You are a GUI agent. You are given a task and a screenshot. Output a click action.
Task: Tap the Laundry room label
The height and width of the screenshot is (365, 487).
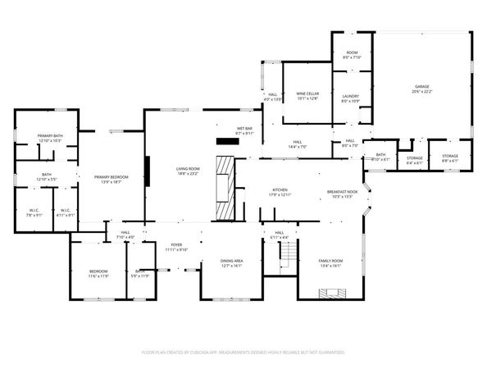click(350, 98)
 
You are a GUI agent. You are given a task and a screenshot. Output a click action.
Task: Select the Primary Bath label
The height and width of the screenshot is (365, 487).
click(50, 139)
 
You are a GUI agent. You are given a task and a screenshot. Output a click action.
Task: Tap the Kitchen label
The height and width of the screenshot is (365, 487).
click(280, 193)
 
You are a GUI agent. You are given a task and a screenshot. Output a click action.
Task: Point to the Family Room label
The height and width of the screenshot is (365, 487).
click(330, 263)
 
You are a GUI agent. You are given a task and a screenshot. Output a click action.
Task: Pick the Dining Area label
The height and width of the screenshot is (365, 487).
click(232, 263)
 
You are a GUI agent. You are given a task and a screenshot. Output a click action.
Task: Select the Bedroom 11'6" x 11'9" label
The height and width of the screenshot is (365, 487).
click(98, 274)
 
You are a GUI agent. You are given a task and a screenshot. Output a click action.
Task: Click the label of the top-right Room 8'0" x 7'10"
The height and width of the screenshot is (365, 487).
click(350, 56)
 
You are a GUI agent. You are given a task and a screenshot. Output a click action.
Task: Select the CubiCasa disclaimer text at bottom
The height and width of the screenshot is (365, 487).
click(243, 352)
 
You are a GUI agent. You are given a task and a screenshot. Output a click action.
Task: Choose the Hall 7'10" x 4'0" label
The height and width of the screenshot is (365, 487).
click(125, 235)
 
